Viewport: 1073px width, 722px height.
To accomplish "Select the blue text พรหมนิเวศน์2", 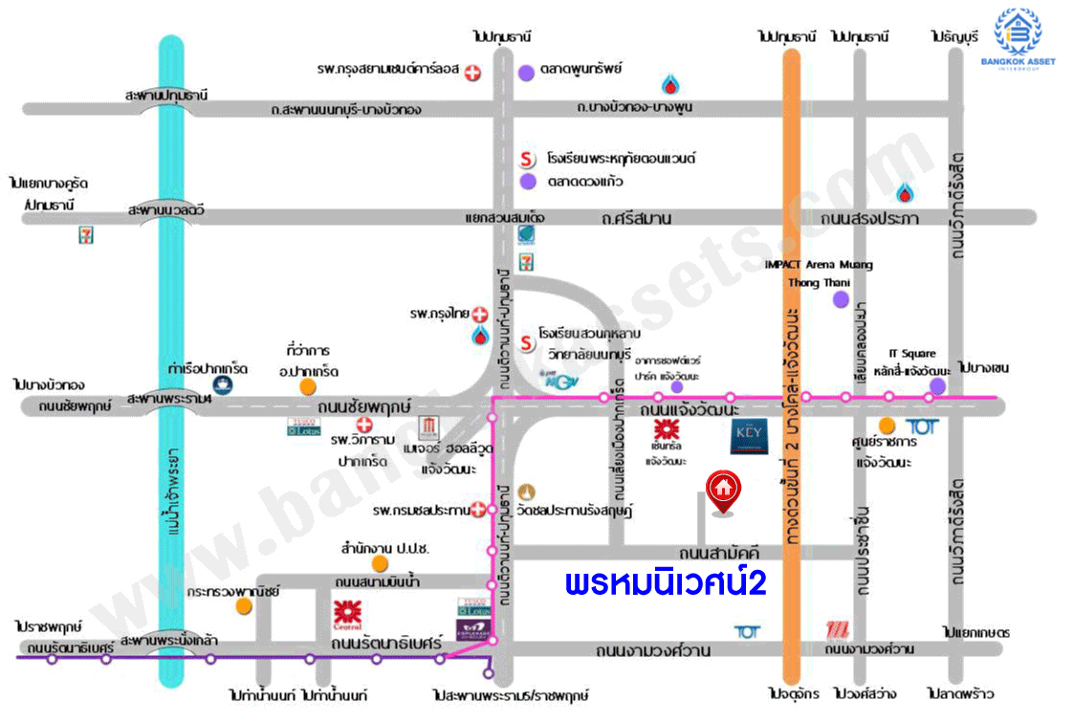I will pos(666,582).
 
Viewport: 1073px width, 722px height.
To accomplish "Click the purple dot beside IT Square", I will pos(937,385).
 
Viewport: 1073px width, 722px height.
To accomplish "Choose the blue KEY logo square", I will pos(746,440).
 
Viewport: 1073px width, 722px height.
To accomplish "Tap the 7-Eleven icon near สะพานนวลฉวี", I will pos(86,236).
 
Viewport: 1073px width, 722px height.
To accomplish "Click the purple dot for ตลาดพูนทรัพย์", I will pos(526,72).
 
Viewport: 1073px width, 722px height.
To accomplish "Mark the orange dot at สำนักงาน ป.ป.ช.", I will pos(381,563).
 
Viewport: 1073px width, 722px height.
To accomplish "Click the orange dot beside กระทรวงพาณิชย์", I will pos(246,605).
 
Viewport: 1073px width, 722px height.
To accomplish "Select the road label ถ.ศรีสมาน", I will pos(637,219).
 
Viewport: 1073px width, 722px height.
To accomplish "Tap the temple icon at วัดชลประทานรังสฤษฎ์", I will pos(521,492).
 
